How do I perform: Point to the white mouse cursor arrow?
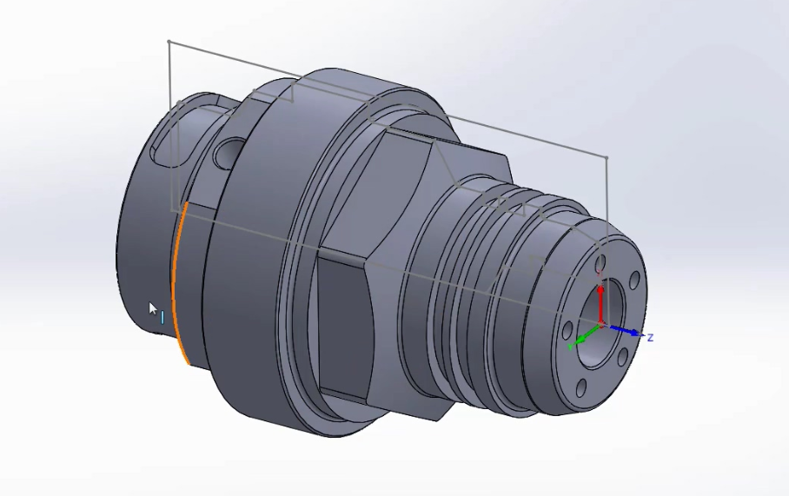[153, 308]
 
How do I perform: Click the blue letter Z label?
[649, 337]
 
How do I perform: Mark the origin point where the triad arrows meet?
[600, 326]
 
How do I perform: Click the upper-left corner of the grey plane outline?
[168, 41]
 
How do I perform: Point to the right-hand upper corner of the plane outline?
[607, 158]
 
